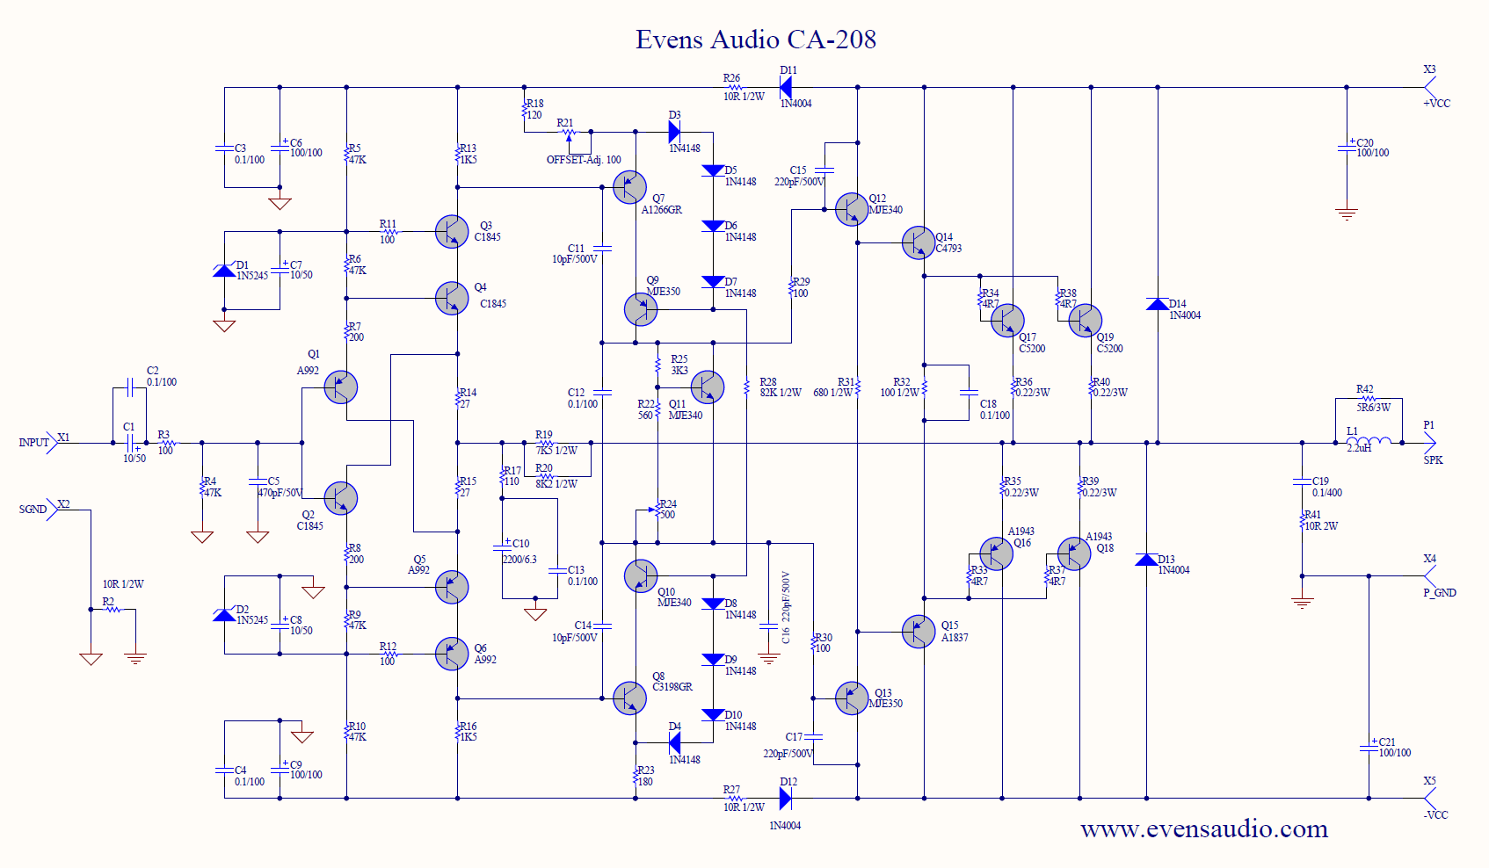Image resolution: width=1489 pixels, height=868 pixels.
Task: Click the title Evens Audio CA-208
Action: [756, 40]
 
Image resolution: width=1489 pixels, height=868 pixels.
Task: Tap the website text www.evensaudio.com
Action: [1203, 828]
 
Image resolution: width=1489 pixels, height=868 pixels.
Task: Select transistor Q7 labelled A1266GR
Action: [629, 187]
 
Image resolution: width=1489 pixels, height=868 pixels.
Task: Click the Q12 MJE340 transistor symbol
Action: [852, 209]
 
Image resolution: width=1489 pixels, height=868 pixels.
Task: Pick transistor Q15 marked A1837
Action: [919, 631]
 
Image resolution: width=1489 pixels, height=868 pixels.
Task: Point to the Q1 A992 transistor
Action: [340, 387]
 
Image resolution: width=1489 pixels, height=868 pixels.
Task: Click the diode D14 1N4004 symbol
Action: [1158, 304]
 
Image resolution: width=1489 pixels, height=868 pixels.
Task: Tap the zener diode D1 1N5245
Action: [224, 271]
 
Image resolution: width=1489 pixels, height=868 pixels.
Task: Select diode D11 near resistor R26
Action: [785, 87]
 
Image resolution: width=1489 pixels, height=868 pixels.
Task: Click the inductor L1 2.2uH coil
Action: [1369, 442]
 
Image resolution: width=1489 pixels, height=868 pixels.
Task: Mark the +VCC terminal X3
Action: [1429, 87]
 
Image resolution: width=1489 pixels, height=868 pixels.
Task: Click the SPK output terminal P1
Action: [1429, 443]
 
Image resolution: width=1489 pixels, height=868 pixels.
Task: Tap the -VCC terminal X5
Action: [1429, 798]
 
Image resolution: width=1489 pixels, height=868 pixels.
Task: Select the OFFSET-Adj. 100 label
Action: [584, 160]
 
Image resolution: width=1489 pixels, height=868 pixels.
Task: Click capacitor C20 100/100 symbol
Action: [1346, 148]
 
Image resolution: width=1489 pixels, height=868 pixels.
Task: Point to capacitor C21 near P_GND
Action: [1369, 748]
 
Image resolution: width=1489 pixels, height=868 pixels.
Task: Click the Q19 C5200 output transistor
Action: [1086, 321]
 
